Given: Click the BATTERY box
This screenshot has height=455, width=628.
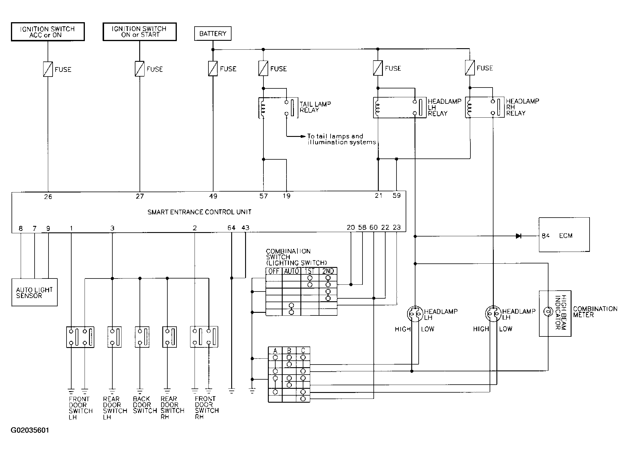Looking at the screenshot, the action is coord(213,33).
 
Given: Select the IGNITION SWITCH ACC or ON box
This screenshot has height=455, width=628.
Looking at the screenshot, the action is coord(48,32).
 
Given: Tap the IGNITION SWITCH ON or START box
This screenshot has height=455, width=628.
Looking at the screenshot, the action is coord(140,32).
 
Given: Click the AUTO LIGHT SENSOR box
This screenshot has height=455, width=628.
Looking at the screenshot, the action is coord(34,292).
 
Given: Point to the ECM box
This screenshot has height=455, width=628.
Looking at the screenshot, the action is coord(564,235).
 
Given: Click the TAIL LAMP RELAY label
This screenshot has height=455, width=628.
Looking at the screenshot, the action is coord(315,107).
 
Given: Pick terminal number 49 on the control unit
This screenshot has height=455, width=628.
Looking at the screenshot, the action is coord(213,196).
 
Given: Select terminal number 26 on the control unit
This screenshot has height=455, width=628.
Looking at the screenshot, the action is coord(48,197).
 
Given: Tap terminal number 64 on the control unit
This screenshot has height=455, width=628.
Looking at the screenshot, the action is coord(232,228).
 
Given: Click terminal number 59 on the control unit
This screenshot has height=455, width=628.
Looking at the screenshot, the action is coord(396,195).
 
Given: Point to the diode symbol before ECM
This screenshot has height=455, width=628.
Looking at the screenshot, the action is coord(518,236).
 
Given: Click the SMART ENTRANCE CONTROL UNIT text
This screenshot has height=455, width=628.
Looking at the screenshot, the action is coord(200,212).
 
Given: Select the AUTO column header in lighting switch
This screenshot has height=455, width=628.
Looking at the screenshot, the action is coord(292,271).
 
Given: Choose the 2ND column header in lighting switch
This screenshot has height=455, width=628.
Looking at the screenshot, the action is coord(328,271).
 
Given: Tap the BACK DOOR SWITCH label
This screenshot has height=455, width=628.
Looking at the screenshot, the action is coord(145,405).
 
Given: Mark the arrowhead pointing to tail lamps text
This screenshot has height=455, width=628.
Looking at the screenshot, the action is coord(303,136).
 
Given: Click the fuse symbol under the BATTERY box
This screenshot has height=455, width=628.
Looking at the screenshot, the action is coord(213,69).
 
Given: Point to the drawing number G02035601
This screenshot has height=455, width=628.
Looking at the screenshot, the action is coord(30,430).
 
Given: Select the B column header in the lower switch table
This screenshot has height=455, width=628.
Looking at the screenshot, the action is coord(289,351).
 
